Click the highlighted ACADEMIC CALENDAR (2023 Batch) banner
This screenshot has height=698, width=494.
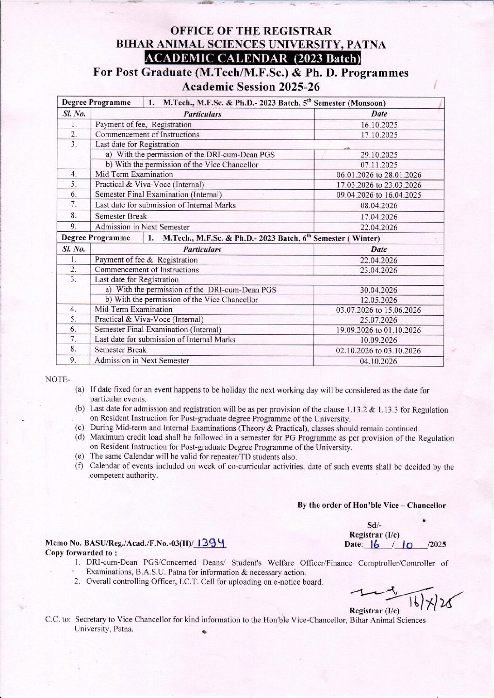click(253, 59)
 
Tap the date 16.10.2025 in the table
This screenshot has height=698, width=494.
click(379, 125)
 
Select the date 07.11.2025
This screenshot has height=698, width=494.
click(379, 165)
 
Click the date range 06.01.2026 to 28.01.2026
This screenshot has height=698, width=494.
click(379, 175)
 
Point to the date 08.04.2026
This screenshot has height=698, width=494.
click(379, 206)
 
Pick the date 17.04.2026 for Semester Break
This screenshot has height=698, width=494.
click(379, 217)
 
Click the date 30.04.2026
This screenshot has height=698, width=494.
click(379, 290)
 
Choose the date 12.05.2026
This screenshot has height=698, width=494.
click(379, 300)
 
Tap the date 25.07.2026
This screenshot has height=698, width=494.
click(379, 320)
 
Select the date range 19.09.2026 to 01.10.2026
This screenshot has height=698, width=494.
click(378, 330)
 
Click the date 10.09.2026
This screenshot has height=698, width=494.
click(379, 340)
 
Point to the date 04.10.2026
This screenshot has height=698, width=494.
click(379, 361)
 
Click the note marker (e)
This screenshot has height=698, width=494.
click(80, 457)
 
